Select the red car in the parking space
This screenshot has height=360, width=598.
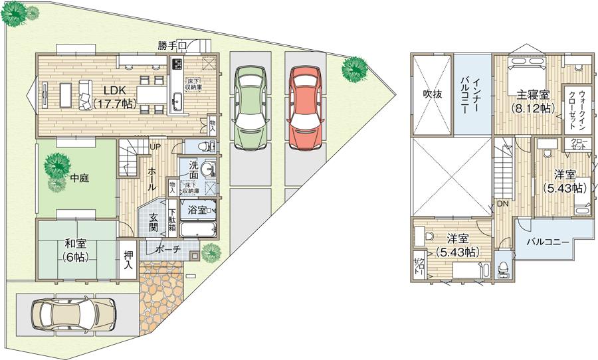306,108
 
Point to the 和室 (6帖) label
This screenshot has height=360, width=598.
76,250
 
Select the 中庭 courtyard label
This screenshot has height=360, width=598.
79,178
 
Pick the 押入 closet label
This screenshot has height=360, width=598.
128,260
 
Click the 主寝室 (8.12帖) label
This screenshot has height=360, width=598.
525,101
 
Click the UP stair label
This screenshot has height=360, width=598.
154,147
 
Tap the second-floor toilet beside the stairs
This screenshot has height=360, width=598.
503,268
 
